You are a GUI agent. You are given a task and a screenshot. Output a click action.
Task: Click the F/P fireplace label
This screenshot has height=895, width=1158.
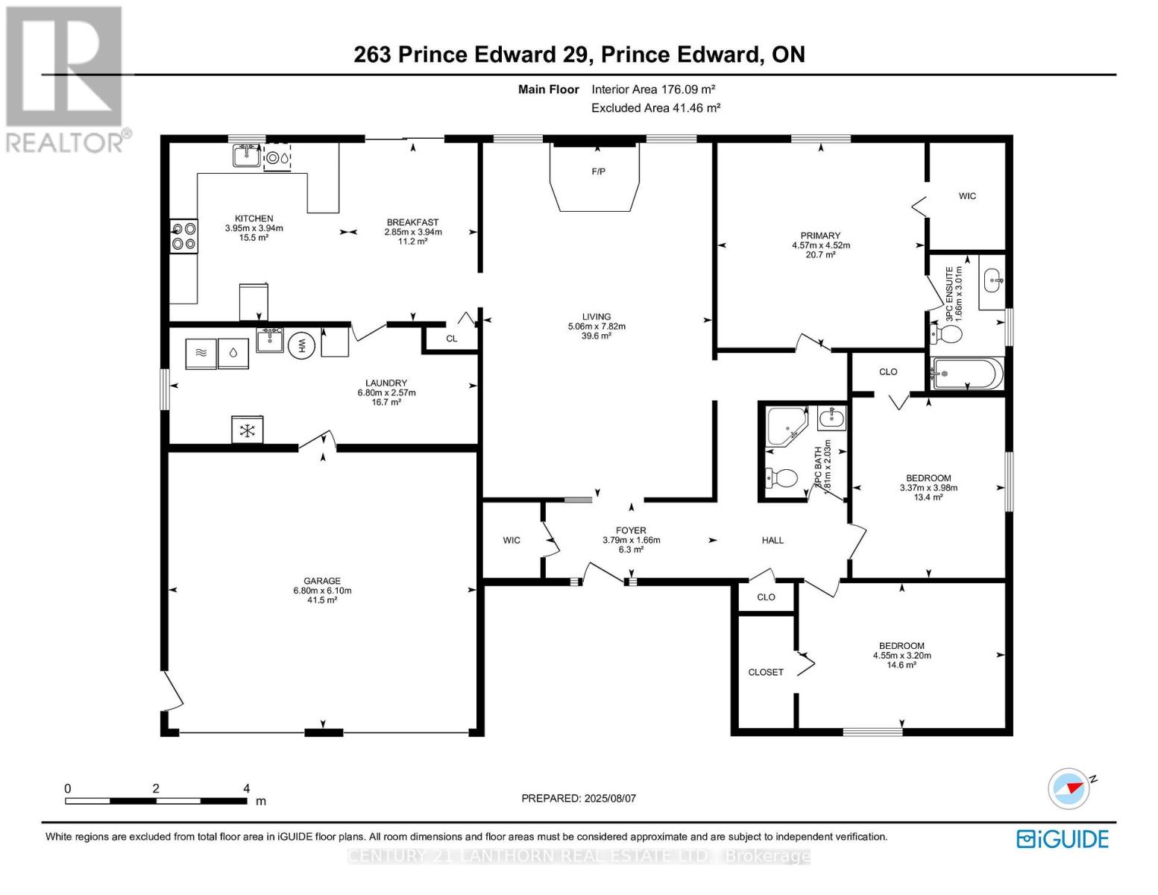[x=598, y=172]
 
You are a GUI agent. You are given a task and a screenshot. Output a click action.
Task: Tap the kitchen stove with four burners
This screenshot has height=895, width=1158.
[x=183, y=236]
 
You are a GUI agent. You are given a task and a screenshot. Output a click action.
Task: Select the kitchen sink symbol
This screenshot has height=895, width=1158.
[x=245, y=157]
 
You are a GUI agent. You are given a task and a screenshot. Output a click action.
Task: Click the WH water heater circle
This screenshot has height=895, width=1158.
[x=302, y=345]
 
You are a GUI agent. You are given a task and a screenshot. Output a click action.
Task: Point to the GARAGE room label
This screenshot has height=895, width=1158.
[x=322, y=581]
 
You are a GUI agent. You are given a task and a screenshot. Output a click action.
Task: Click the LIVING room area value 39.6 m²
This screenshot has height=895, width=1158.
[x=597, y=336]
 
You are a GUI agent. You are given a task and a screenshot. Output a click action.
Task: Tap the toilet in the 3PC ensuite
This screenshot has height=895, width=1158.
[x=946, y=333]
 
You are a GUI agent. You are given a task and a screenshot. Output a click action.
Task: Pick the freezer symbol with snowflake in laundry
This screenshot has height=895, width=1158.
[x=247, y=430]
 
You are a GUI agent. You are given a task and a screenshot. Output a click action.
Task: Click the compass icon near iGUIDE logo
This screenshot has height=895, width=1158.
[x=1069, y=788]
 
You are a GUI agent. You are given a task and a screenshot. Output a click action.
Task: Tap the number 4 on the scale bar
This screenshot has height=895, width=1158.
[x=246, y=788]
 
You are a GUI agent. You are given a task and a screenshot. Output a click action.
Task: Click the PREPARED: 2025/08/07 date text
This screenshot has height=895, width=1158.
[x=579, y=798]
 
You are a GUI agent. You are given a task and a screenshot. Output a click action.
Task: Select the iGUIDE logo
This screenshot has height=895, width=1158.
[x=1063, y=838]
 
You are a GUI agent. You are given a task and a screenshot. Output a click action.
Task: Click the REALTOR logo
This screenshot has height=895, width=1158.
[x=66, y=78]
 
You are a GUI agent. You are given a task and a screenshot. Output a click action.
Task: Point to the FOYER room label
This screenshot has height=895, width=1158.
[x=631, y=531]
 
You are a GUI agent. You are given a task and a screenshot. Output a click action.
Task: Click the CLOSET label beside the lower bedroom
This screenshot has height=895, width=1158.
[x=766, y=672]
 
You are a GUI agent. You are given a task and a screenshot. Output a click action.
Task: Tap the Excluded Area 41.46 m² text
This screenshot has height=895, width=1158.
[x=655, y=108]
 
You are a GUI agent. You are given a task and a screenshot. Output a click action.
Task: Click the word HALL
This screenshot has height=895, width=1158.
[x=772, y=540]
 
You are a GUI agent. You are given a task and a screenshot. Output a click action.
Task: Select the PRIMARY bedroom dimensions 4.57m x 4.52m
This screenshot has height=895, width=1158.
[x=820, y=245]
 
